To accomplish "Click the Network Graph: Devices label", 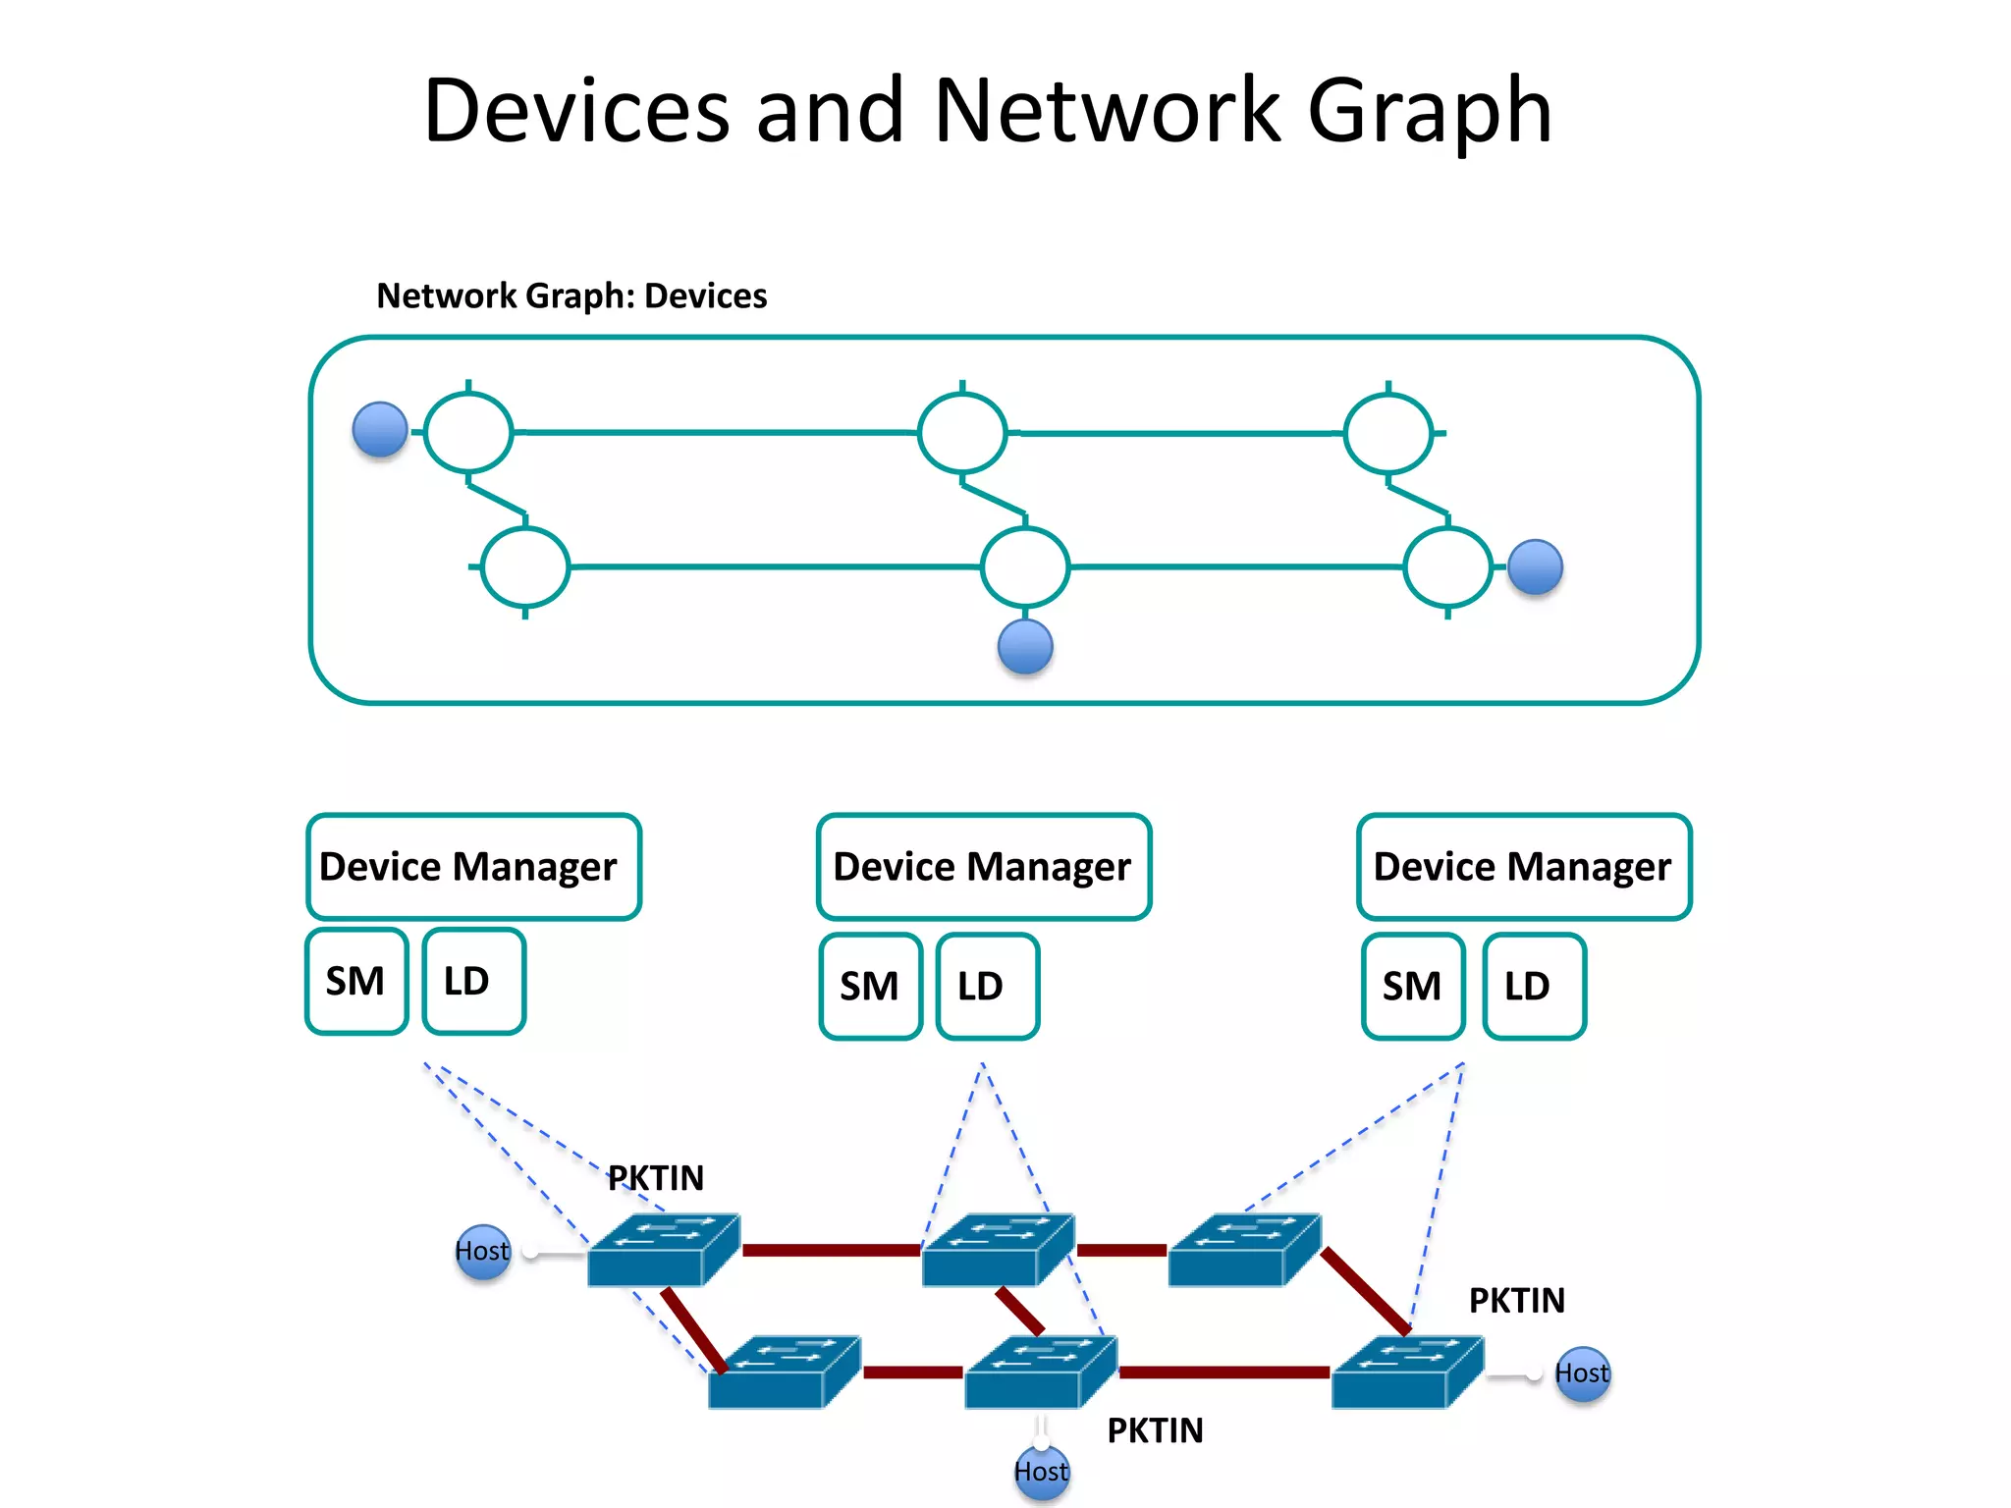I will pos(571,296).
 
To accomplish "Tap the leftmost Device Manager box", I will pos(473,866).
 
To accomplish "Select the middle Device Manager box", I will pos(983,866).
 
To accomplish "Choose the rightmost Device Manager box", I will pos(1523,866).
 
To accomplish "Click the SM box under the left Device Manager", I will pos(356,981).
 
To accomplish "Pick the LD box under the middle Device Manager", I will pos(986,986).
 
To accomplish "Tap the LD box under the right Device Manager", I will pos(1533,986).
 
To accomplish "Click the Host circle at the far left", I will pos(483,1251).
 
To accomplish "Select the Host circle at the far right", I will pos(1582,1373).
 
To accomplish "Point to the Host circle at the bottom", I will pos(1041,1472).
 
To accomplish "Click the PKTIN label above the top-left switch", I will pos(656,1177).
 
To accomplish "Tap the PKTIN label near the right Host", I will pos(1516,1300).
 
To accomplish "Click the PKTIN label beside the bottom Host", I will pos(1155,1430).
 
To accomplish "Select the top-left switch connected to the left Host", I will pos(662,1251).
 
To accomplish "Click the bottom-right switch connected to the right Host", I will pos(1405,1373).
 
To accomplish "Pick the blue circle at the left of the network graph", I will pos(380,430).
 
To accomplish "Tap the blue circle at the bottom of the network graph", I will pos(1025,647).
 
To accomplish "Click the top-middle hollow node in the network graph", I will pos(962,432).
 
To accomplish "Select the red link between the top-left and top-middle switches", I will pos(831,1250).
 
